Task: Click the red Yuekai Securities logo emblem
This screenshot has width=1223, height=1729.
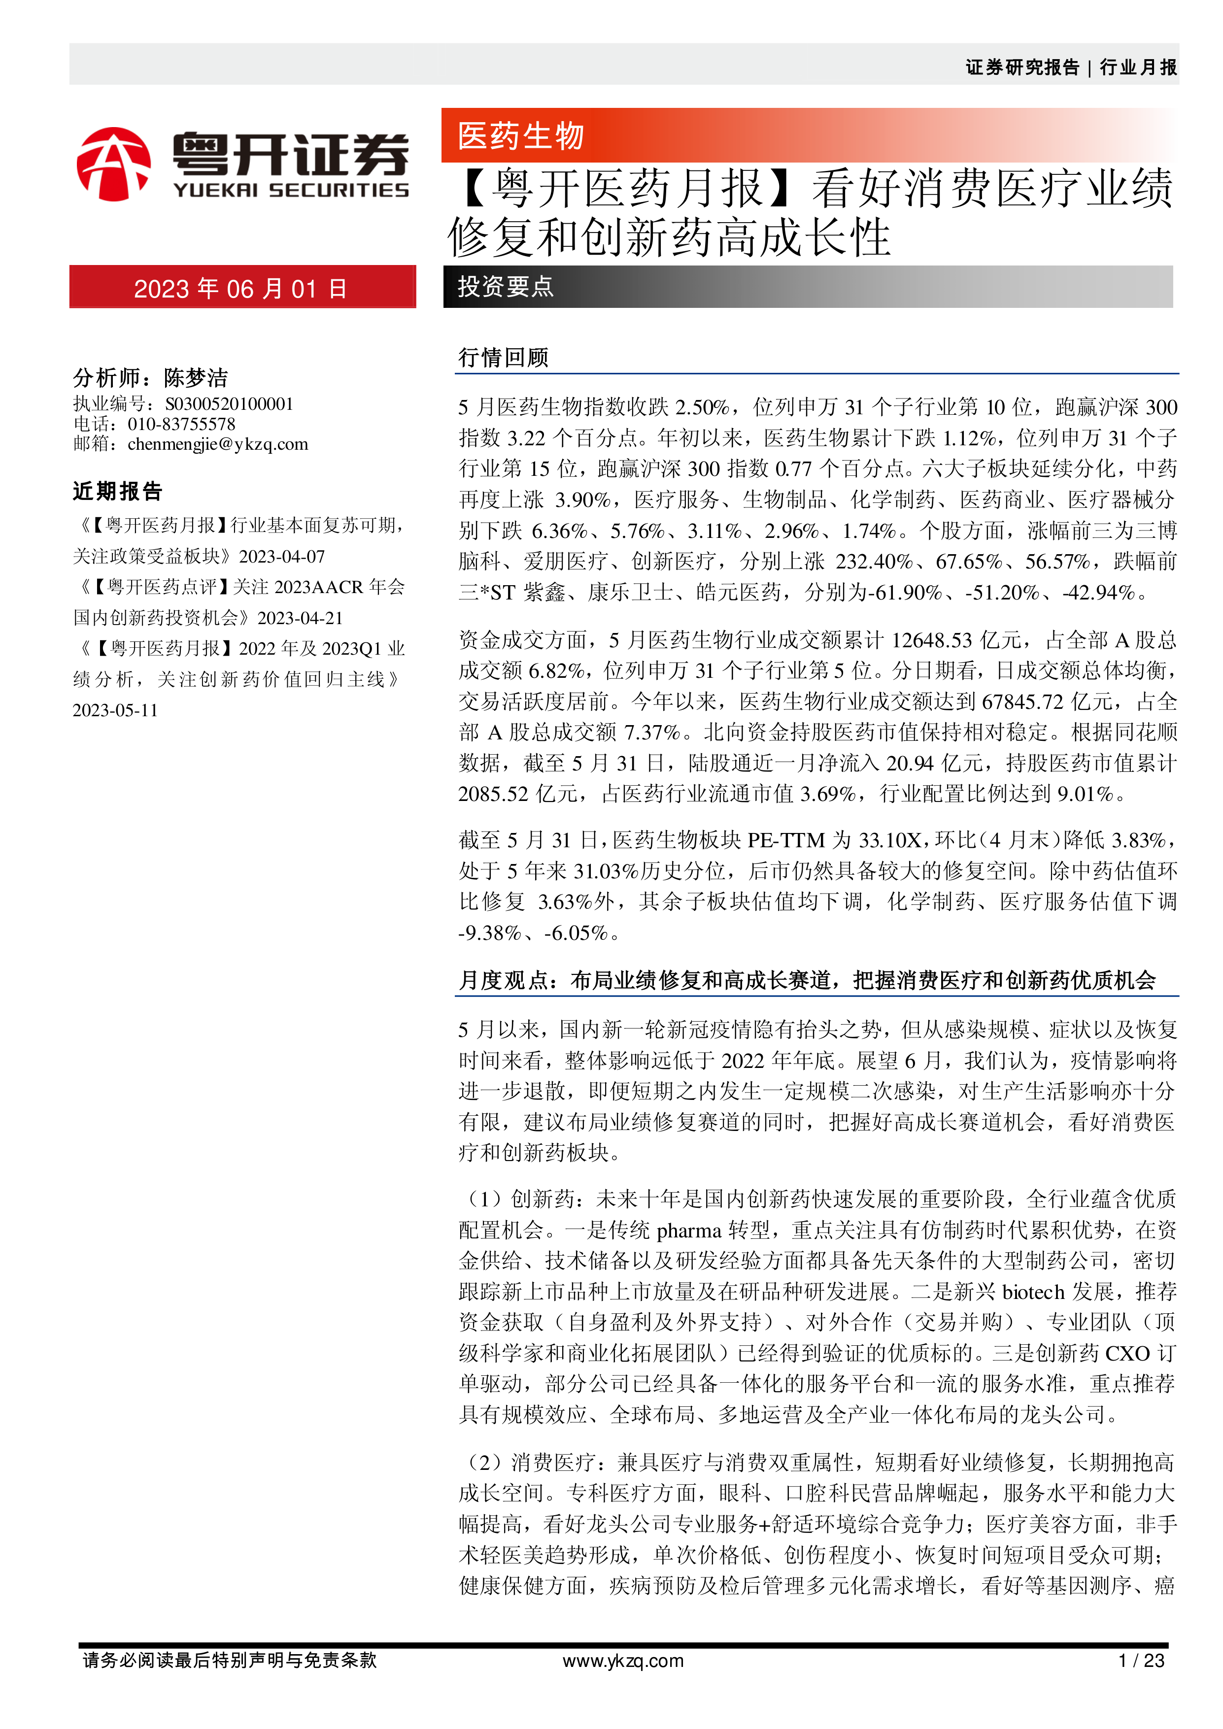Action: point(114,164)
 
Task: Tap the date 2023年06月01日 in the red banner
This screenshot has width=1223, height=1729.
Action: point(240,289)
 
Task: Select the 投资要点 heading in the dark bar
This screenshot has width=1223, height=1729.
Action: point(506,287)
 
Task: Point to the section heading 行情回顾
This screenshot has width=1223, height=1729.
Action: point(503,357)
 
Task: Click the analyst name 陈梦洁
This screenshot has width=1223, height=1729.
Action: point(196,377)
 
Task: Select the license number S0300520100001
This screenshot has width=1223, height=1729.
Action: point(229,404)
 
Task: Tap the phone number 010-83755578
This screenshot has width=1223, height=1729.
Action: point(181,424)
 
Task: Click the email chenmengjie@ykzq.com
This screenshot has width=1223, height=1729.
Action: point(218,444)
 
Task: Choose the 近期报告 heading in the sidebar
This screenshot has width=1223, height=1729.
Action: point(117,492)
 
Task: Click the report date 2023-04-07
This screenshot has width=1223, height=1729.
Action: point(282,557)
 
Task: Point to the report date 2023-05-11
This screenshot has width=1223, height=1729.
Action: point(115,710)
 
